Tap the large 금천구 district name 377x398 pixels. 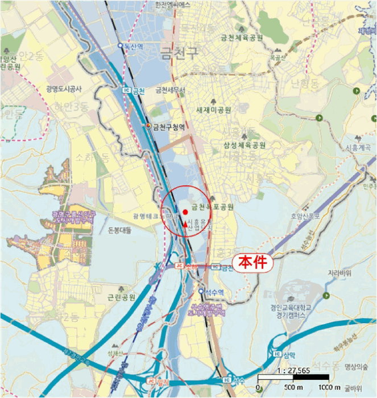coord(181,54)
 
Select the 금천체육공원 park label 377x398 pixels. coord(242,38)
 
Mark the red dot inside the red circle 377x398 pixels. coord(185,212)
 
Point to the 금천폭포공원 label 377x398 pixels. coord(213,207)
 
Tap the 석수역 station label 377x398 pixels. coord(216,292)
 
